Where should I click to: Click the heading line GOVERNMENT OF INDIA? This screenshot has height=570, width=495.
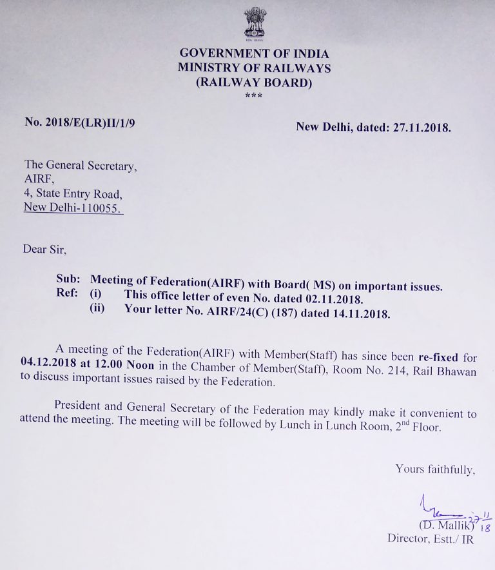tap(254, 54)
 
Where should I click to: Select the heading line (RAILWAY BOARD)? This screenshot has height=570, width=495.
tap(254, 82)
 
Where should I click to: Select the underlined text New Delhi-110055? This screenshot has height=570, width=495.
tap(73, 208)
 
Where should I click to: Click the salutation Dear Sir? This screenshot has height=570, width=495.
tap(44, 248)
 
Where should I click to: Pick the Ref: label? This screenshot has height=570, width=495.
tap(68, 294)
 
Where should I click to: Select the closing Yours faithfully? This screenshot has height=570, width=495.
tap(435, 469)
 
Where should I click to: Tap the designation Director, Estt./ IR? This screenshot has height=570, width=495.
tap(430, 539)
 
